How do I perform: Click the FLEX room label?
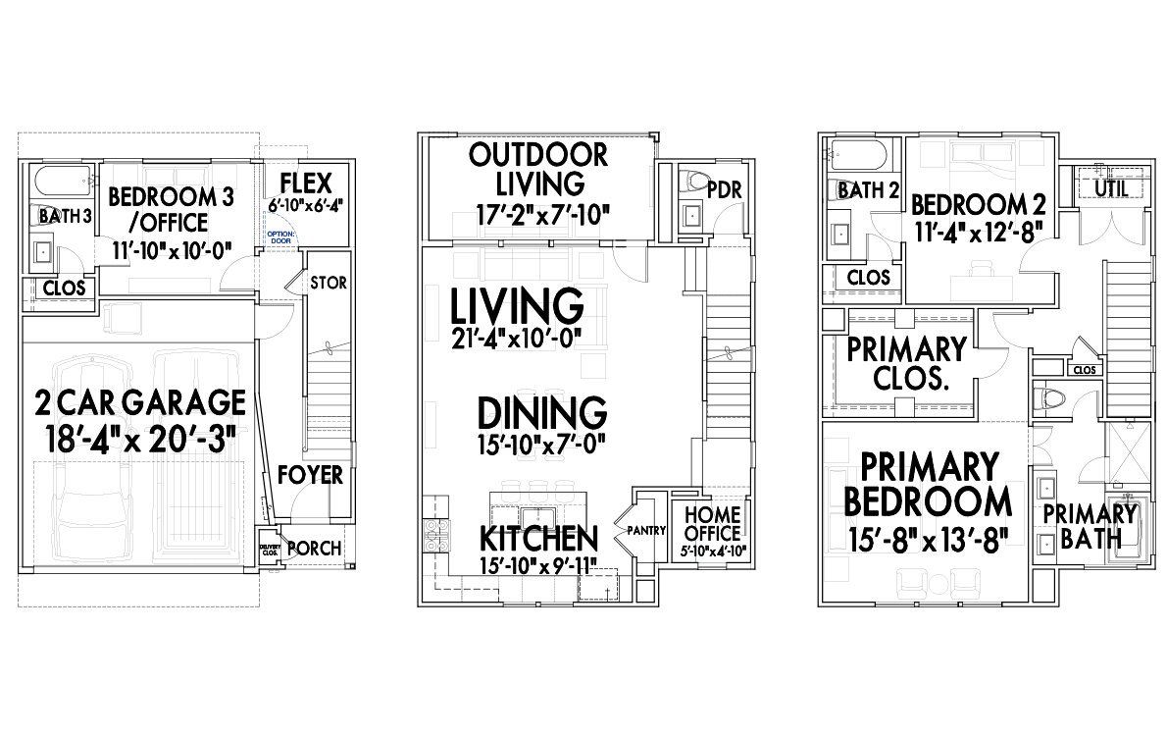click(306, 183)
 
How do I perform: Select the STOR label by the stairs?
click(328, 283)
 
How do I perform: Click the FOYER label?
click(310, 475)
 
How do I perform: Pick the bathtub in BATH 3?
click(61, 183)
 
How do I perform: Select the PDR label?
click(724, 187)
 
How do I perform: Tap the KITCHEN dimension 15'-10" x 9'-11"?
click(537, 566)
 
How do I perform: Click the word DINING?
click(542, 411)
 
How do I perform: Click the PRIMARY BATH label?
click(1089, 525)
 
